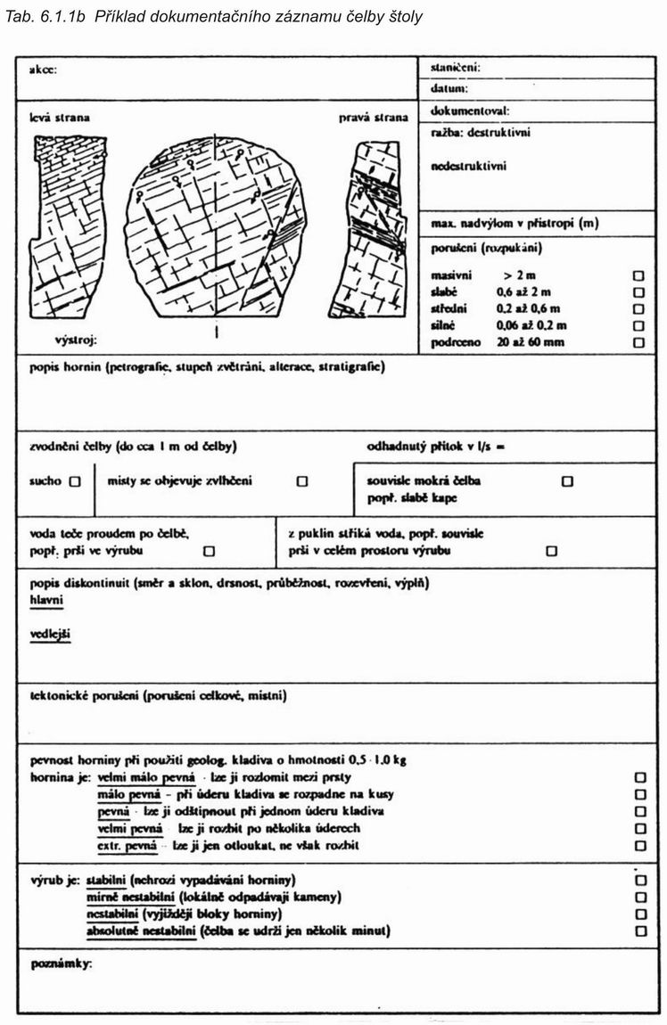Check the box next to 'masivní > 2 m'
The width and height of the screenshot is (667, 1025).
click(x=638, y=276)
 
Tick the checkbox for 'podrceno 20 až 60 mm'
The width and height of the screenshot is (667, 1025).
click(x=638, y=342)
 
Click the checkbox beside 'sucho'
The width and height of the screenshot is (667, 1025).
click(x=74, y=481)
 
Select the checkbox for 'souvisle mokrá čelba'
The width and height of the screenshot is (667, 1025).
click(x=567, y=481)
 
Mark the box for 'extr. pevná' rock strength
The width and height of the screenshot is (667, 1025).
click(x=639, y=845)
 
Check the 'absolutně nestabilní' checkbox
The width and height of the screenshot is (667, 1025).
click(x=639, y=931)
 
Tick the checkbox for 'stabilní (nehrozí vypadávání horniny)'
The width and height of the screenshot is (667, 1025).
click(x=639, y=880)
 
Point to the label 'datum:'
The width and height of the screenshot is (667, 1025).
click(x=449, y=89)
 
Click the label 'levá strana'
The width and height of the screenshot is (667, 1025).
click(x=60, y=118)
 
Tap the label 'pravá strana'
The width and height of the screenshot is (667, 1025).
click(x=373, y=118)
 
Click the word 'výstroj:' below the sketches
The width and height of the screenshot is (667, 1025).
click(x=75, y=340)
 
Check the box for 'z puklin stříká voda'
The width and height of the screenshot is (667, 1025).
click(x=550, y=551)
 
